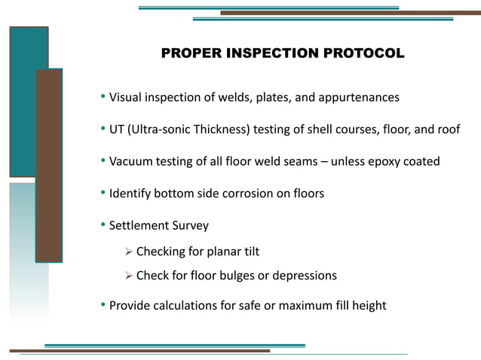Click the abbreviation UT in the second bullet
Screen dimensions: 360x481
coord(117,130)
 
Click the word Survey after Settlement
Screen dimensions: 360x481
coord(191,225)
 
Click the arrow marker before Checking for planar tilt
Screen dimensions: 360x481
coord(128,252)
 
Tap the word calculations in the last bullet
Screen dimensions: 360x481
coord(187,305)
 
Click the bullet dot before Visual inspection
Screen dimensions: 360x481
coord(103,98)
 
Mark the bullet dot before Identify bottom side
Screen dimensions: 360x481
coord(103,194)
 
